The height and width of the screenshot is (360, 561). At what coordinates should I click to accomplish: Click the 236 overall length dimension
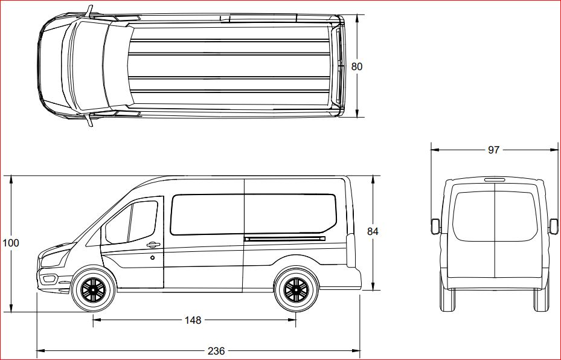pos(216,351)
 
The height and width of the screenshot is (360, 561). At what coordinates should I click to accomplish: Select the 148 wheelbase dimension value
pos(193,320)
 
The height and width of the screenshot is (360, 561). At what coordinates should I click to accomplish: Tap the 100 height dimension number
pos(11,243)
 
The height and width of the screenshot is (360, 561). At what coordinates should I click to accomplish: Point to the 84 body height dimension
pos(373,231)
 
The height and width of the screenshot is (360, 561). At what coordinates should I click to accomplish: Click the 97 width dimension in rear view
pos(493,150)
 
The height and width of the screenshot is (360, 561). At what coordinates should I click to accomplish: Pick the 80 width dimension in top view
pos(357,66)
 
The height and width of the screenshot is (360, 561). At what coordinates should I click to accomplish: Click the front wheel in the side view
pos(93,290)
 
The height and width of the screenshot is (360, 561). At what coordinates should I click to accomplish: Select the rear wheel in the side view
pos(296,290)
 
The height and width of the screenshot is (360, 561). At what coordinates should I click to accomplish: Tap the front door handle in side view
pos(153,245)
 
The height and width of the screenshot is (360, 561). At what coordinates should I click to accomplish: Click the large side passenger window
pos(252,214)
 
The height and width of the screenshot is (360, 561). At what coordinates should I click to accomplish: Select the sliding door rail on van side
pos(284,239)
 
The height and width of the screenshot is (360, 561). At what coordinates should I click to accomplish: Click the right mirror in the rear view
pos(553,226)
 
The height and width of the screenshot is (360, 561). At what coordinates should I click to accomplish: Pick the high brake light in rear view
pos(494,179)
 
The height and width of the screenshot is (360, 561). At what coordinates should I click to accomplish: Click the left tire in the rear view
pos(447,300)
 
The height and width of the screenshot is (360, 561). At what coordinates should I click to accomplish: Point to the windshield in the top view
pos(88,66)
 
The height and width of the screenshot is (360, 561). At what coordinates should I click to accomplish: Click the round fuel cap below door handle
pos(153,258)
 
